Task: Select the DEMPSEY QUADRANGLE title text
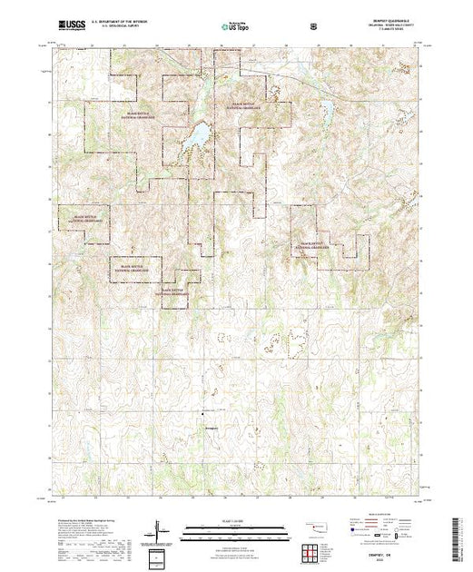pyautogui.click(x=393, y=23)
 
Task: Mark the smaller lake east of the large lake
pyautogui.click(x=324, y=113)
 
